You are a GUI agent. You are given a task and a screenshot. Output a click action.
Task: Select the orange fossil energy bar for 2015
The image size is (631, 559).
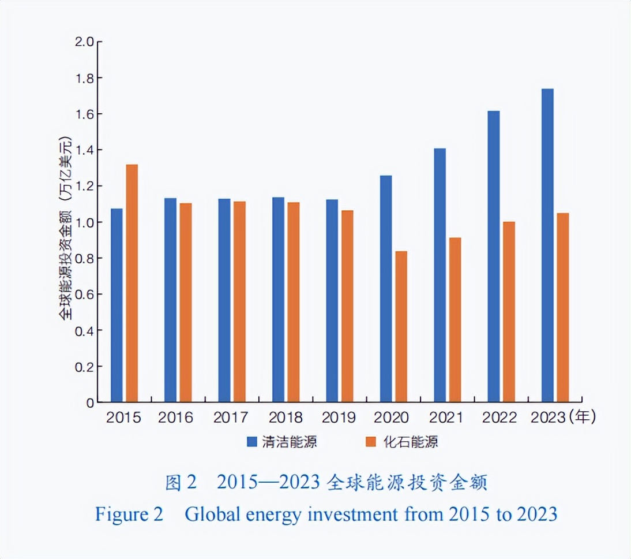[132, 283]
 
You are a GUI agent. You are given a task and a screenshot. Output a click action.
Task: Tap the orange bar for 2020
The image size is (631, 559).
[401, 327]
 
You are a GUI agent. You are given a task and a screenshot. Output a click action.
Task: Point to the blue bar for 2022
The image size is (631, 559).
[493, 256]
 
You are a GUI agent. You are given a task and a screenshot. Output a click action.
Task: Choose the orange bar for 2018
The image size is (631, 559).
[294, 302]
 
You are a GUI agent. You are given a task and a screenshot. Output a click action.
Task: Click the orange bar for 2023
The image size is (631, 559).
[562, 307]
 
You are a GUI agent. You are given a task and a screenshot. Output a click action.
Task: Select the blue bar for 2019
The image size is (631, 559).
[332, 300]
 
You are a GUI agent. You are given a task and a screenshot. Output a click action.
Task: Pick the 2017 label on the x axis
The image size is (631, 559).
[230, 418]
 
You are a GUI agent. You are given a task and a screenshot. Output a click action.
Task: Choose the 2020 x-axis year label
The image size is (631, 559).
[392, 418]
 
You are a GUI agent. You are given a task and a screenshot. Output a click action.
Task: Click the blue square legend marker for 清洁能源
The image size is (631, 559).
[252, 442]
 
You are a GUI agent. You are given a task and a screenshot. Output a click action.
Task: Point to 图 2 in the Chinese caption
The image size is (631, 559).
[181, 483]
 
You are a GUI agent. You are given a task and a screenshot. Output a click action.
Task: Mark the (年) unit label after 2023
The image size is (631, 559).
[581, 417]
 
